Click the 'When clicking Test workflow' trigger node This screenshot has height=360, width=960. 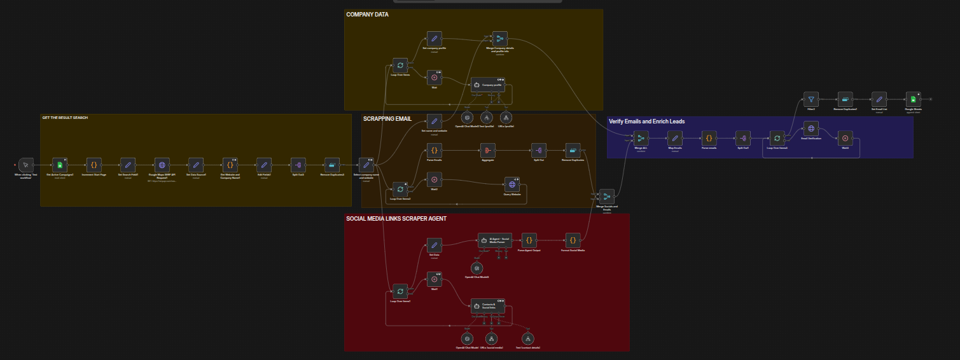pyautogui.click(x=25, y=165)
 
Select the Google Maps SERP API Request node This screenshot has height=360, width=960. pyautogui.click(x=162, y=165)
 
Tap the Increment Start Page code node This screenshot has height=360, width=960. pyautogui.click(x=93, y=165)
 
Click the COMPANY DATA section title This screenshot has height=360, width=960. pyautogui.click(x=367, y=14)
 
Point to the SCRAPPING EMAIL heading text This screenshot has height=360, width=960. pyautogui.click(x=387, y=118)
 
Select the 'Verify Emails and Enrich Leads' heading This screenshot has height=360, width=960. pyautogui.click(x=646, y=121)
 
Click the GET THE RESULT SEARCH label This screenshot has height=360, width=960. pyautogui.click(x=65, y=118)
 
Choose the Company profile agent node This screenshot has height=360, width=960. pyautogui.click(x=488, y=85)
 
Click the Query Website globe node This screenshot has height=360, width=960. pyautogui.click(x=512, y=184)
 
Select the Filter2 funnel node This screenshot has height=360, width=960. pyautogui.click(x=810, y=99)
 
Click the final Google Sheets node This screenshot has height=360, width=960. pyautogui.click(x=913, y=99)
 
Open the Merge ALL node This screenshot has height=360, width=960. pyautogui.click(x=641, y=138)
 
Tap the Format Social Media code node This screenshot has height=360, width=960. pyautogui.click(x=573, y=240)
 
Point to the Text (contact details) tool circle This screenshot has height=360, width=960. pyautogui.click(x=527, y=338)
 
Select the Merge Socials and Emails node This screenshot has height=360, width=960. pyautogui.click(x=607, y=197)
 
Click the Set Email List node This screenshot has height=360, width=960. pyautogui.click(x=879, y=99)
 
